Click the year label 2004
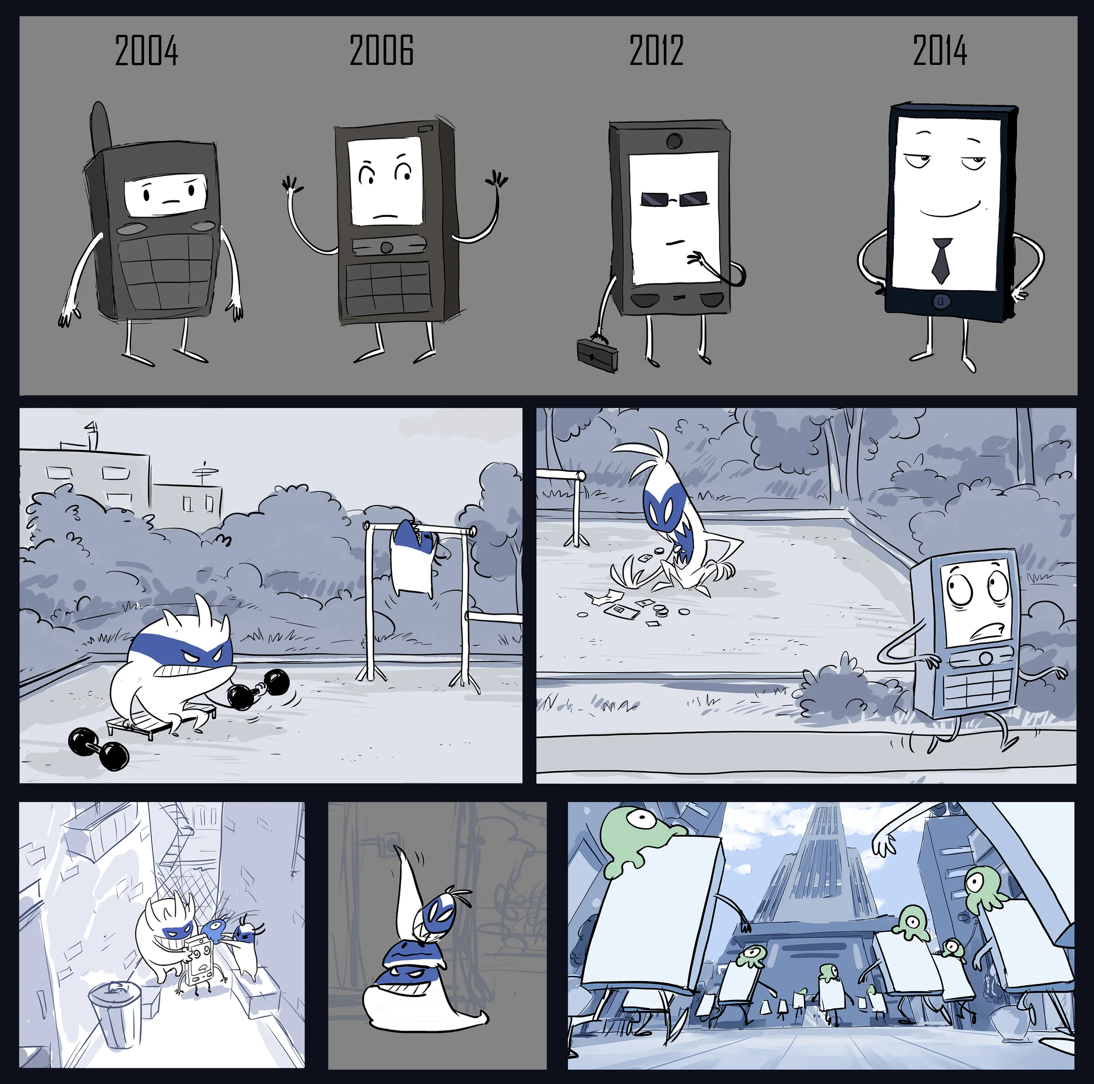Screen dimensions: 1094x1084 click(x=147, y=50)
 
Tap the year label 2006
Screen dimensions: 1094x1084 click(x=381, y=50)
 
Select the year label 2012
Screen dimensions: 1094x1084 click(x=656, y=50)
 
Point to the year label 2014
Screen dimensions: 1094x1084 click(x=940, y=50)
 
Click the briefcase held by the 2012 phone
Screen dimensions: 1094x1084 click(x=597, y=354)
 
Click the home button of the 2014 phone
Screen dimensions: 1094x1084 click(x=940, y=301)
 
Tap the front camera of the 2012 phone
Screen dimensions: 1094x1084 click(x=674, y=140)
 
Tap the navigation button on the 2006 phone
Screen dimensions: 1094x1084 click(x=387, y=248)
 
